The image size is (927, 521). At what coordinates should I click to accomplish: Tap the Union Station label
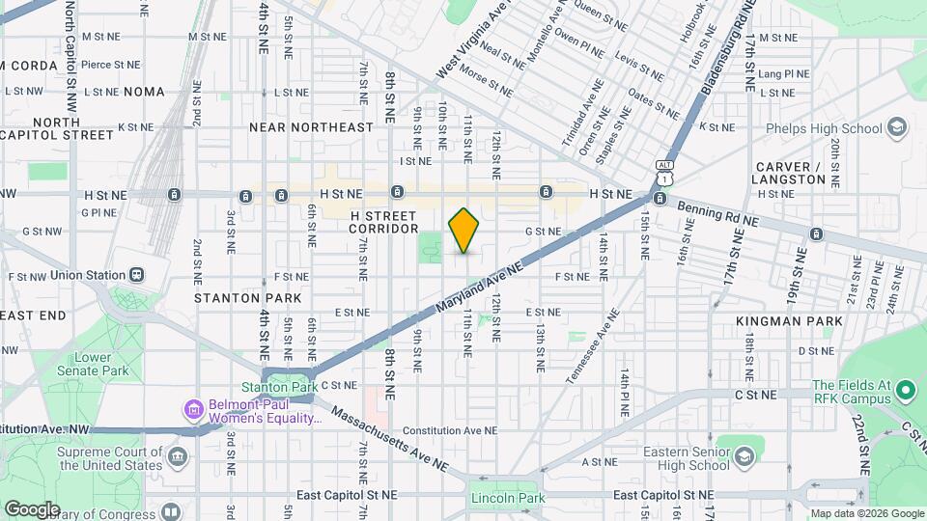(82, 275)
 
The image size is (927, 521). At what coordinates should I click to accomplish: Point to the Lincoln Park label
(503, 498)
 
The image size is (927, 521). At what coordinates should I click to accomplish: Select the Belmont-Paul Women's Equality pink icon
(193, 412)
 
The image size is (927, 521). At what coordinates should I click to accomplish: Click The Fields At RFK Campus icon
(905, 392)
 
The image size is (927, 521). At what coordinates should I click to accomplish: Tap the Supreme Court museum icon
(177, 454)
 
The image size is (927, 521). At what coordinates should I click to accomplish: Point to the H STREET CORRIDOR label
(383, 222)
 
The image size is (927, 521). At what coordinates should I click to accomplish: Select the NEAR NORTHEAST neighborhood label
(311, 127)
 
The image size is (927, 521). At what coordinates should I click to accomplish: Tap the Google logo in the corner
(32, 508)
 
